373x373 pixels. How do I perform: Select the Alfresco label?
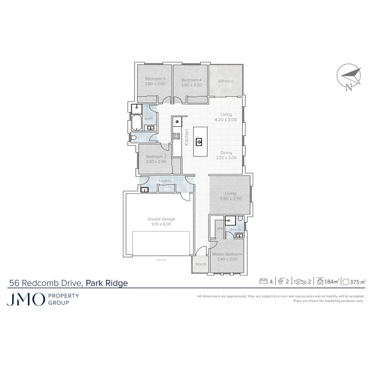pos(226,81)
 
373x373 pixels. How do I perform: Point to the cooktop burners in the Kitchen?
pos(176,135)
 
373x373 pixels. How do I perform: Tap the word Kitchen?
pos(187,137)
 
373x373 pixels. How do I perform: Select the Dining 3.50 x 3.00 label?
pos(226,155)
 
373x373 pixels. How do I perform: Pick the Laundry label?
pos(165,181)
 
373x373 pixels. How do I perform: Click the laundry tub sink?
pos(144,189)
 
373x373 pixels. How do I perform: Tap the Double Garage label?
pos(161,221)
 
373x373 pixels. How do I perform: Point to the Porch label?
pos(201,264)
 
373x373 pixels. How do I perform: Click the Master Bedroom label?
pos(227,257)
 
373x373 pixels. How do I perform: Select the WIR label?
pos(220,229)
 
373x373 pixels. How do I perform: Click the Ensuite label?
pos(236,229)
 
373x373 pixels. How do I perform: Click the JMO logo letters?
pos(26,299)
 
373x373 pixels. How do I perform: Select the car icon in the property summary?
pos(300,282)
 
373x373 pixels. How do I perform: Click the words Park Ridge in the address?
pos(107,283)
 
